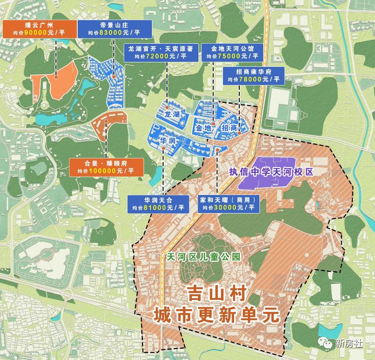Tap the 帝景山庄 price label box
(x=114, y=28)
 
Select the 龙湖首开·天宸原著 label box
(x=160, y=52)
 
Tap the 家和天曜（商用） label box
(x=228, y=204)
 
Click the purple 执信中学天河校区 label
(x=271, y=172)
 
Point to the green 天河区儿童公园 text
(x=202, y=257)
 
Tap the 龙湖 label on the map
(x=172, y=115)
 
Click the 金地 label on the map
(x=203, y=128)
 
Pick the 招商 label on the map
(x=230, y=128)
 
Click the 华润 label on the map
(x=167, y=141)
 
